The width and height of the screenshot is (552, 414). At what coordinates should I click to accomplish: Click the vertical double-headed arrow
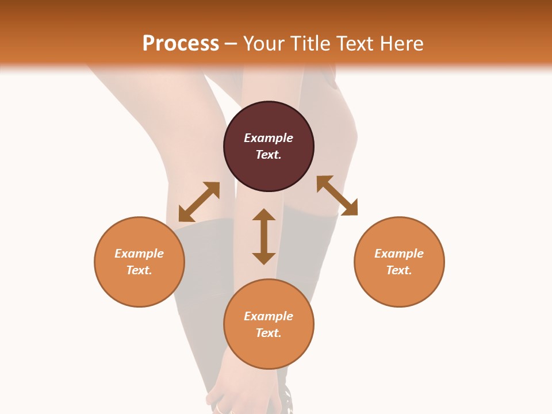click(x=264, y=236)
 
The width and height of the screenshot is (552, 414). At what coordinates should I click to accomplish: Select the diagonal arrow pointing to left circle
click(x=199, y=202)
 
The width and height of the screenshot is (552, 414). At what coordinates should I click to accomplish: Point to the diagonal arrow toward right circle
click(x=337, y=195)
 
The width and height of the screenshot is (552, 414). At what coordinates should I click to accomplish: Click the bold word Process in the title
click(x=181, y=43)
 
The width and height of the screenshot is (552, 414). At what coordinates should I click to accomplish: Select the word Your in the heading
click(x=263, y=43)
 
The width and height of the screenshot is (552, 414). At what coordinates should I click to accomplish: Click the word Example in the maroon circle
click(x=269, y=138)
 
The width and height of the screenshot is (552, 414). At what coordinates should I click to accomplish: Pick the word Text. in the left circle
click(x=139, y=270)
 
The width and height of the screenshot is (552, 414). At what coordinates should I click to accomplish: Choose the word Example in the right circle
click(x=399, y=254)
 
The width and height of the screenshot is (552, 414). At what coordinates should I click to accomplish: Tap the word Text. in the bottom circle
click(x=269, y=333)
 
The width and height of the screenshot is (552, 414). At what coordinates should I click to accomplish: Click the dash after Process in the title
click(x=231, y=44)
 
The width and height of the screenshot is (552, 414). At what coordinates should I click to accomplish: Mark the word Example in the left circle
click(x=139, y=254)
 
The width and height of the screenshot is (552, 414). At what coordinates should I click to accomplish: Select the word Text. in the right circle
click(x=399, y=270)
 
